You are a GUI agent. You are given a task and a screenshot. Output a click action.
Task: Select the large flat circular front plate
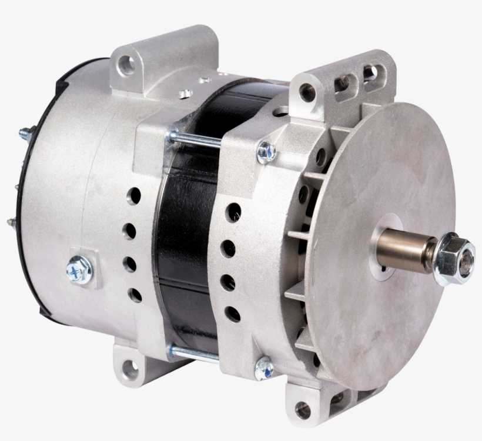(382, 194)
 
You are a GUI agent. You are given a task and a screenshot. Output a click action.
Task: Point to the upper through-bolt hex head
(266, 152)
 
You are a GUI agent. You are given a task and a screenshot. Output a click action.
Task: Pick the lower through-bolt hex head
(264, 368)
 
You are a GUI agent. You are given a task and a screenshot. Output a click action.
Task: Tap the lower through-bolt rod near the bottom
(194, 354)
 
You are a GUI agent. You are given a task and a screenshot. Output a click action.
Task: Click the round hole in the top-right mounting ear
(307, 92)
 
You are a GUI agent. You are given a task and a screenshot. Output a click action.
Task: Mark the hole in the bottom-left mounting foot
(129, 369)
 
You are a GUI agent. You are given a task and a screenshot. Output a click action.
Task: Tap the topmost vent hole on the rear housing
(135, 196)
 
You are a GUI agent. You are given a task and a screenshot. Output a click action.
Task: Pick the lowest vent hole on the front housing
(233, 314)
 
